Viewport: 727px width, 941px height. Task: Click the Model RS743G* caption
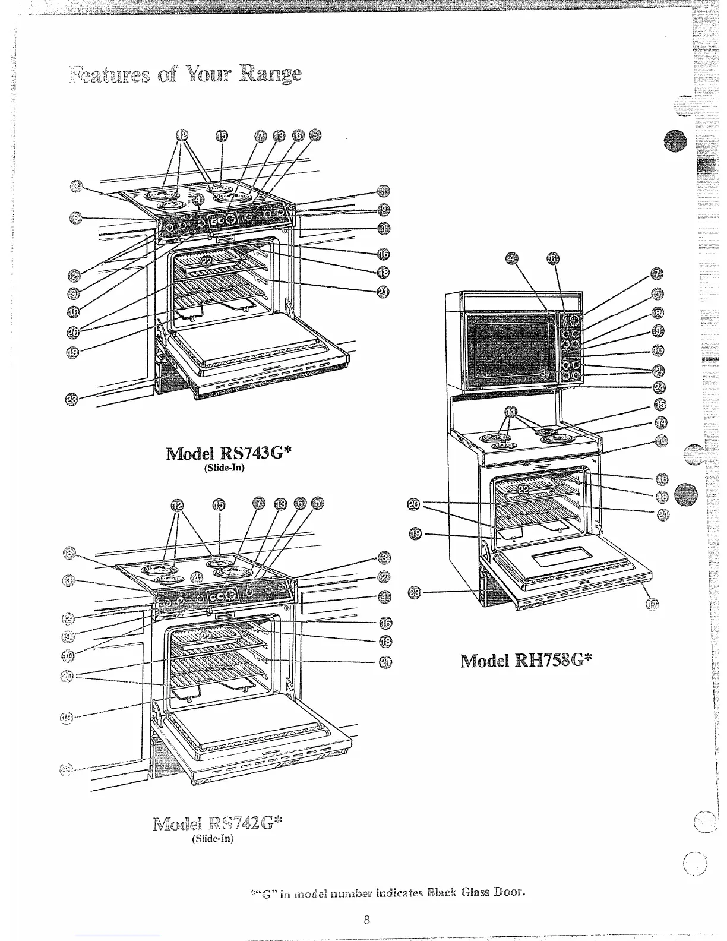(x=230, y=453)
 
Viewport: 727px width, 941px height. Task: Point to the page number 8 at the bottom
(x=366, y=921)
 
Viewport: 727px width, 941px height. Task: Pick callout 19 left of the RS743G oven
(x=73, y=352)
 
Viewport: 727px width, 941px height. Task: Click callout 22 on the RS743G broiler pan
(x=207, y=260)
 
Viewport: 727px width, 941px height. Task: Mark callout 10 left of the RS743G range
(x=74, y=311)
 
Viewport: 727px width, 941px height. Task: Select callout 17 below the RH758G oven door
(x=652, y=604)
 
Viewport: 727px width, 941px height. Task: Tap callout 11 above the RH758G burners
(x=511, y=411)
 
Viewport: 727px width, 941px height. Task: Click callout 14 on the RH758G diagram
(x=660, y=422)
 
